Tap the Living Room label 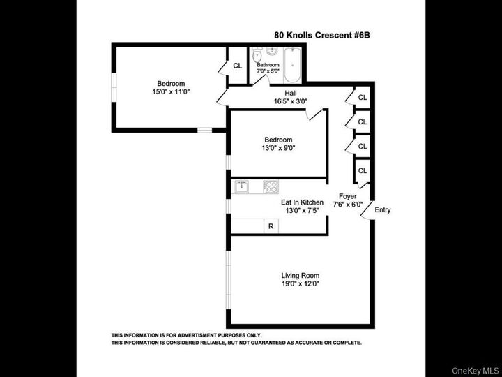tap(301, 274)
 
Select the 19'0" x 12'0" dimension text tap(301, 284)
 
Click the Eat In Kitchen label tap(303, 202)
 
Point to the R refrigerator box tap(271, 227)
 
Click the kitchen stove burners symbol tap(271, 186)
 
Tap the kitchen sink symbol tap(242, 186)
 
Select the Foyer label tap(348, 196)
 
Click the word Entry tap(383, 210)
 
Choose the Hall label tap(291, 92)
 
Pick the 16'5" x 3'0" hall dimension tap(291, 101)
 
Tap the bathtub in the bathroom tap(292, 64)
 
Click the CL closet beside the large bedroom tap(237, 66)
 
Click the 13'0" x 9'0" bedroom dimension tap(278, 147)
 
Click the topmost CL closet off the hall tap(363, 98)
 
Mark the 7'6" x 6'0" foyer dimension tap(348, 205)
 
